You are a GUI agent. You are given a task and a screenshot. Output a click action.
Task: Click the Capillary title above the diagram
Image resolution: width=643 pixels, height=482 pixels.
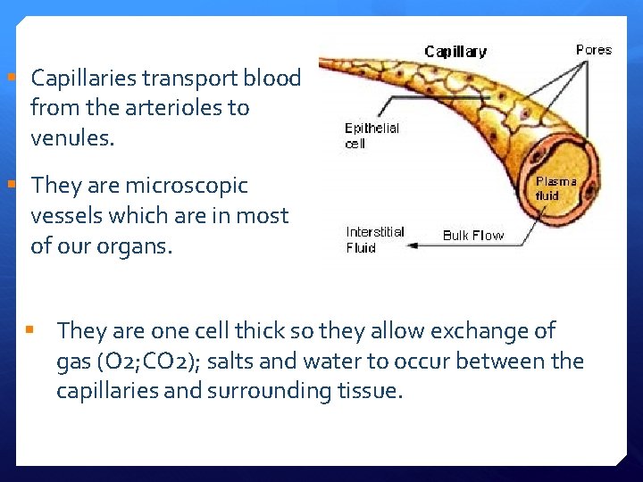[455, 52]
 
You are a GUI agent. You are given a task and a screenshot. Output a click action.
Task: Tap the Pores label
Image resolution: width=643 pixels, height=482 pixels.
[594, 50]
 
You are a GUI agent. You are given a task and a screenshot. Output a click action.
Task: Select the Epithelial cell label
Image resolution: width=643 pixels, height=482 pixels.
[372, 136]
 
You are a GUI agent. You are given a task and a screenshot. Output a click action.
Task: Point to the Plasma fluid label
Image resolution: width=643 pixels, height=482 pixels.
[556, 188]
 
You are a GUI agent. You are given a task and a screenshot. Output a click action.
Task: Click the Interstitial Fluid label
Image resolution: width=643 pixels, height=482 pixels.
[375, 239]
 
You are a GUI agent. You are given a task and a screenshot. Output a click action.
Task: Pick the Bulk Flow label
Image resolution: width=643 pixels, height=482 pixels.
[473, 236]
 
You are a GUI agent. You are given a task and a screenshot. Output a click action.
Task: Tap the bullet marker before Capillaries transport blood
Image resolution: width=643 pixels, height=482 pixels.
[11, 79]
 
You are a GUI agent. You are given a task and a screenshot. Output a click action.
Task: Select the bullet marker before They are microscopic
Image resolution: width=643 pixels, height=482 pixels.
[11, 186]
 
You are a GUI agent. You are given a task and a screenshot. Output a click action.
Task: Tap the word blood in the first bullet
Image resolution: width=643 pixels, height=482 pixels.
[270, 78]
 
